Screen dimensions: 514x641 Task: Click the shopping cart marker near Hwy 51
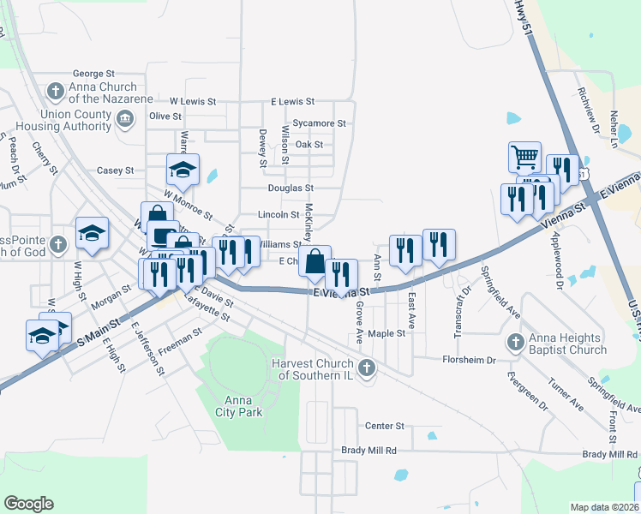[x=524, y=157]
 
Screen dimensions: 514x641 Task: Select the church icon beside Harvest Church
[x=366, y=369]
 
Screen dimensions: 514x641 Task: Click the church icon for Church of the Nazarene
[x=56, y=90]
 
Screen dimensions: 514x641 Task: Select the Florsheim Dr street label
[x=469, y=360]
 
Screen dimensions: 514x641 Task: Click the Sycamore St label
[x=319, y=123]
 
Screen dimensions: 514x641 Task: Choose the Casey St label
[x=115, y=170]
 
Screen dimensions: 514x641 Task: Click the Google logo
[x=29, y=504]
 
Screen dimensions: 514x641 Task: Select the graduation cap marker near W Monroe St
[x=183, y=170]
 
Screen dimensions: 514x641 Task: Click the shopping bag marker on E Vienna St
[x=315, y=261]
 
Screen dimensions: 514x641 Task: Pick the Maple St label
[x=386, y=333]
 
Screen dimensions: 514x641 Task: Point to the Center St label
[x=384, y=426]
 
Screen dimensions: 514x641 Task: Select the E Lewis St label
[x=293, y=101]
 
